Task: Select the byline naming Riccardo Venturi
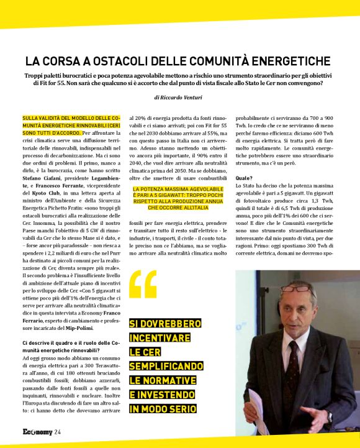(x=180, y=98)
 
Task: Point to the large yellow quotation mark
(x=143, y=285)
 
